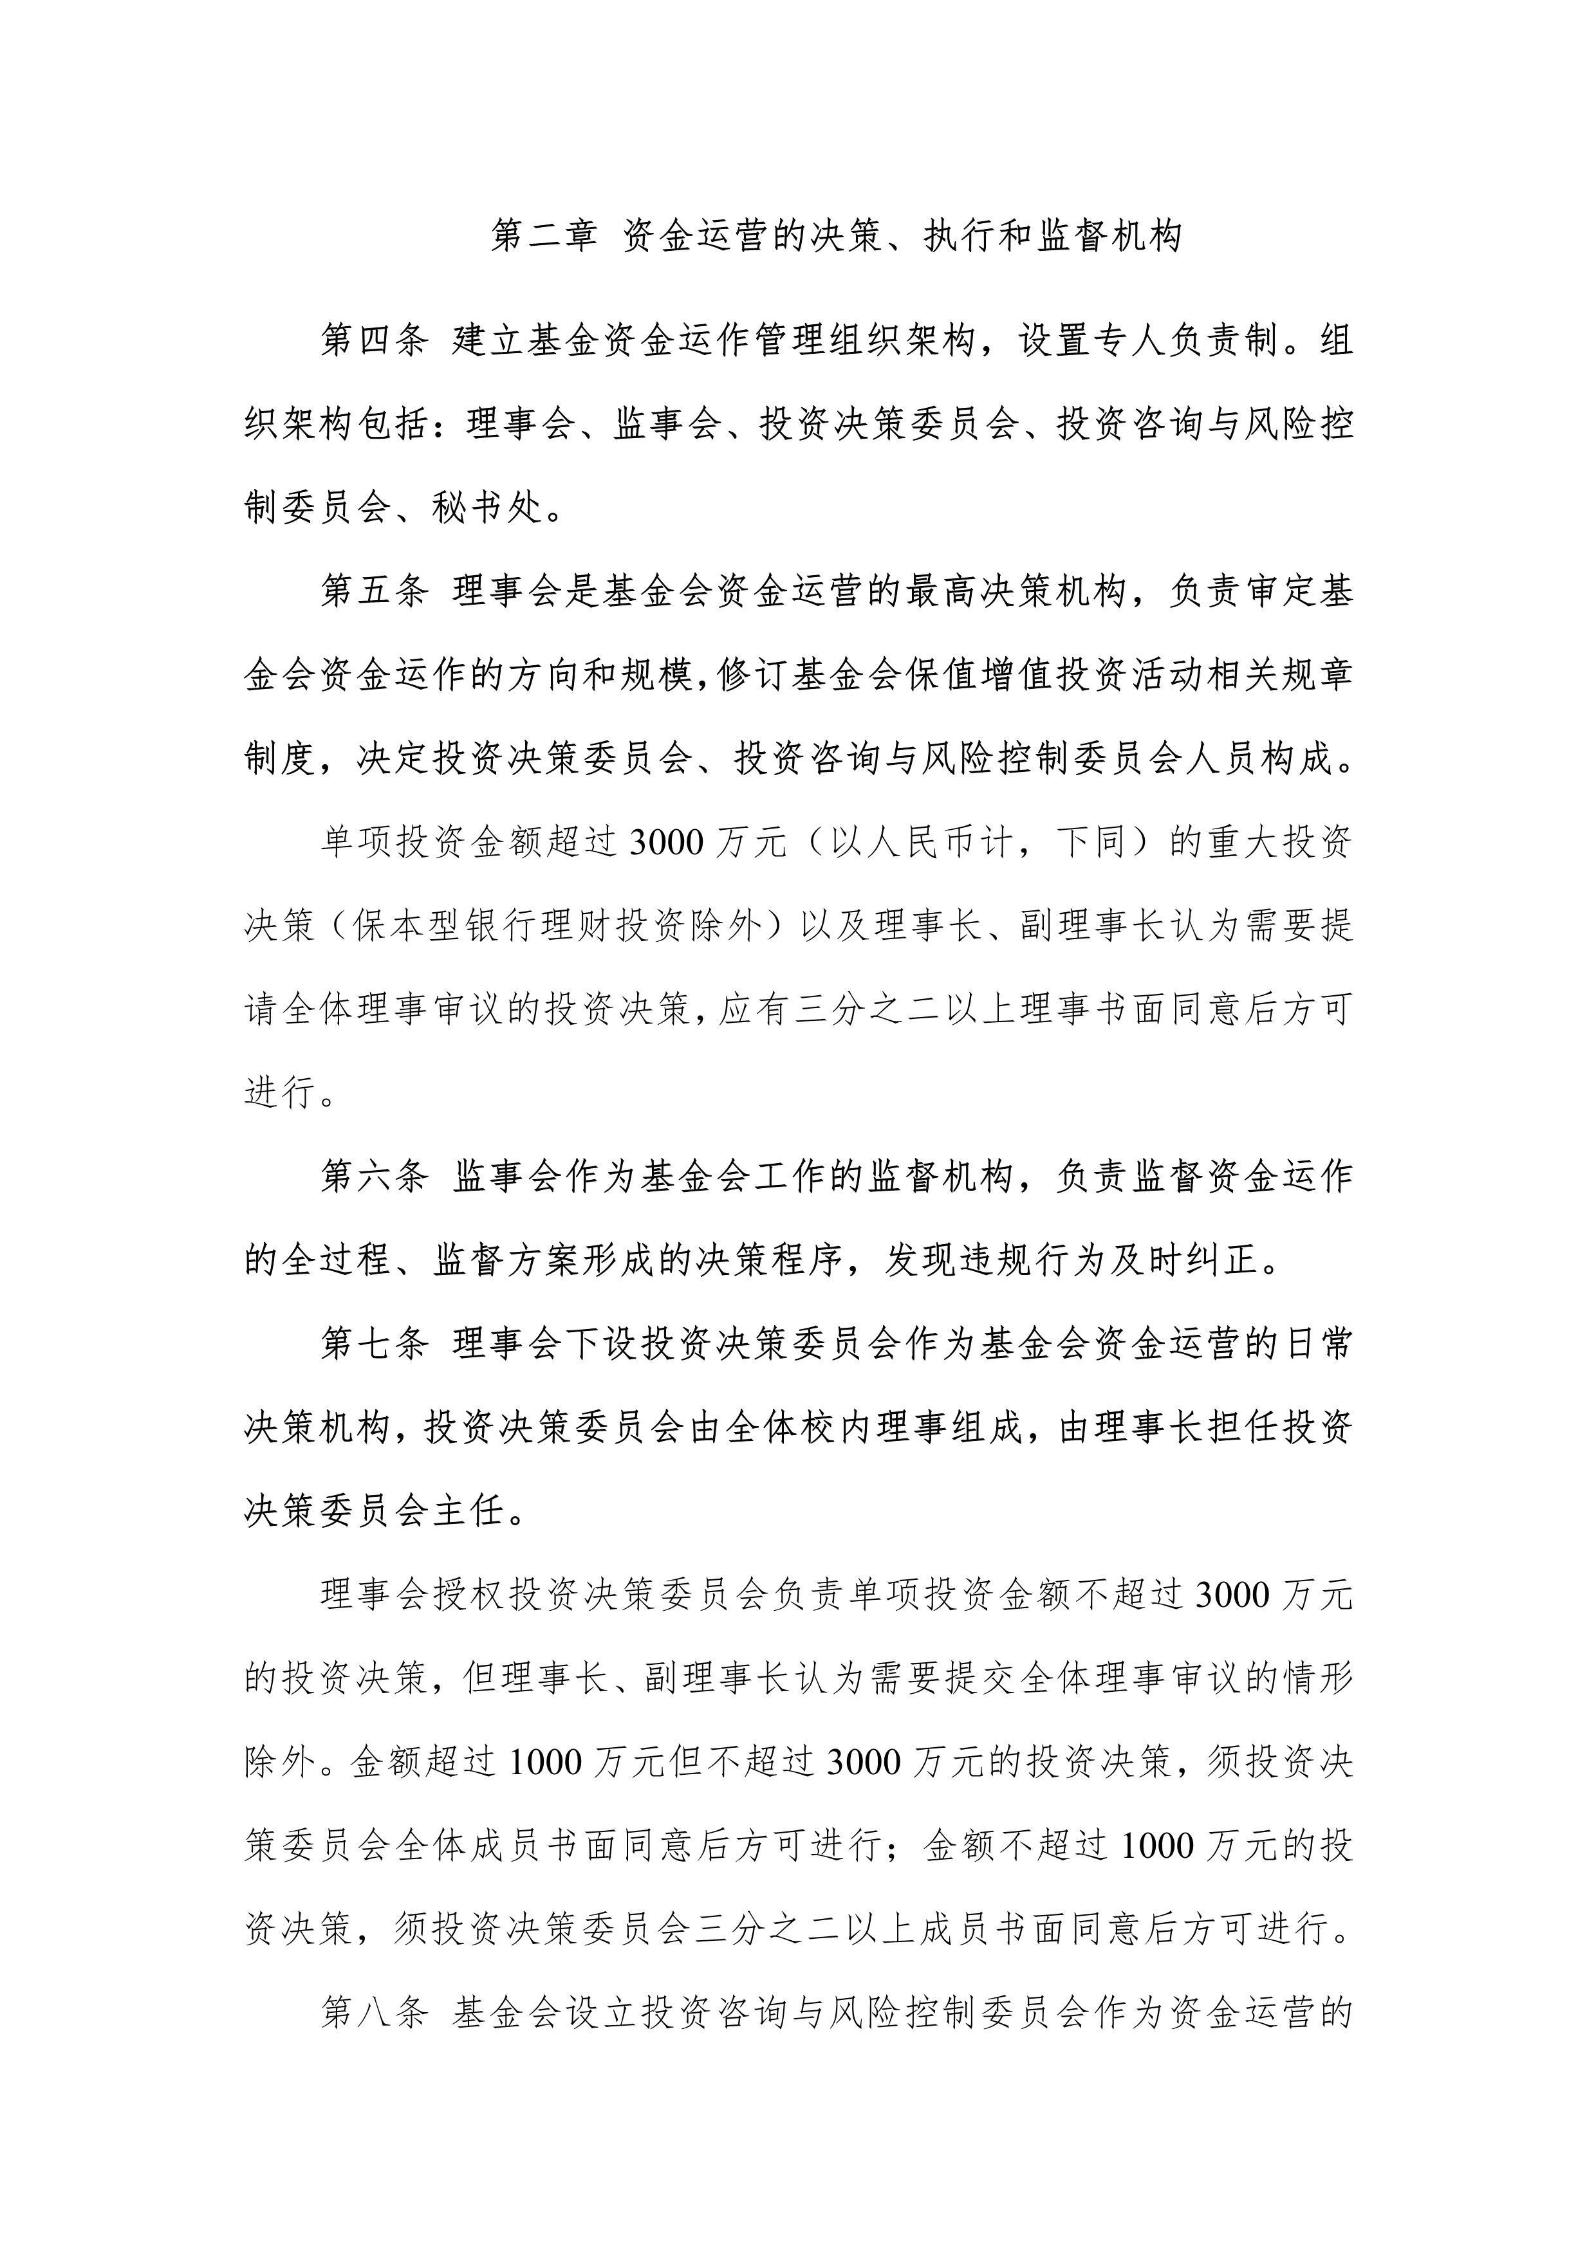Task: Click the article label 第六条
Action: pos(375,1176)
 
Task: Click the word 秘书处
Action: pos(487,508)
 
